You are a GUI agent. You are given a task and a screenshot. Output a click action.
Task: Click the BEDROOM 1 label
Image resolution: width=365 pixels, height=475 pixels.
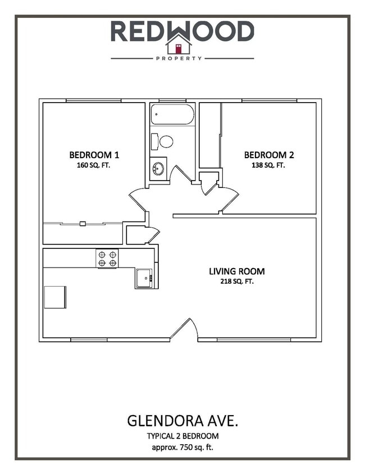click(x=94, y=155)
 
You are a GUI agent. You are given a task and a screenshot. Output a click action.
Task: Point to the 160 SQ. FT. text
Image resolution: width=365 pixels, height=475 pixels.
click(x=94, y=165)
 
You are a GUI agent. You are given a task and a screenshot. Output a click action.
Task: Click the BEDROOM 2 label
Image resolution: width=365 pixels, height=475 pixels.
click(x=268, y=155)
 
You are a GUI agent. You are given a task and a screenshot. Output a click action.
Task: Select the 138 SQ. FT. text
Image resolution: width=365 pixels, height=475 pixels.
click(x=268, y=165)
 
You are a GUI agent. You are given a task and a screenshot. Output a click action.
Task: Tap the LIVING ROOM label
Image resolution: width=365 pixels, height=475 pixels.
click(x=236, y=271)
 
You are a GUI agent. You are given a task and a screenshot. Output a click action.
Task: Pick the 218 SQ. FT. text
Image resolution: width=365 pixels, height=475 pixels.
click(x=236, y=282)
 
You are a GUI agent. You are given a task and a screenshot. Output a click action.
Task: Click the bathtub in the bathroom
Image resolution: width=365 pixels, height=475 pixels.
click(x=172, y=114)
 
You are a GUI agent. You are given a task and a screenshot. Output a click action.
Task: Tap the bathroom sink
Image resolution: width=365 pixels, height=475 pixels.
click(x=158, y=168)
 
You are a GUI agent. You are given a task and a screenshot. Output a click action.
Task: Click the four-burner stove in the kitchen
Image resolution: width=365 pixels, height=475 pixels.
click(x=107, y=259)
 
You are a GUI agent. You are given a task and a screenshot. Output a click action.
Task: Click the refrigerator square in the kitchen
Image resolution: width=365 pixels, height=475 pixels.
click(x=55, y=297)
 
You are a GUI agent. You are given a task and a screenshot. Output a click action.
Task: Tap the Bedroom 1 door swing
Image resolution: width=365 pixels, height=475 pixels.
click(x=139, y=200)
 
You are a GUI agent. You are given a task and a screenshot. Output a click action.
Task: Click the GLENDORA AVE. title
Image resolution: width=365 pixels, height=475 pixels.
click(x=182, y=420)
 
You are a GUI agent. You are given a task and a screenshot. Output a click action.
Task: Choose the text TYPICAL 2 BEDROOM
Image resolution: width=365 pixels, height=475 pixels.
click(x=182, y=436)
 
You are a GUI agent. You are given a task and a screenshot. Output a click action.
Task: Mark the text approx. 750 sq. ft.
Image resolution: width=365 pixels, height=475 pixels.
click(x=182, y=447)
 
